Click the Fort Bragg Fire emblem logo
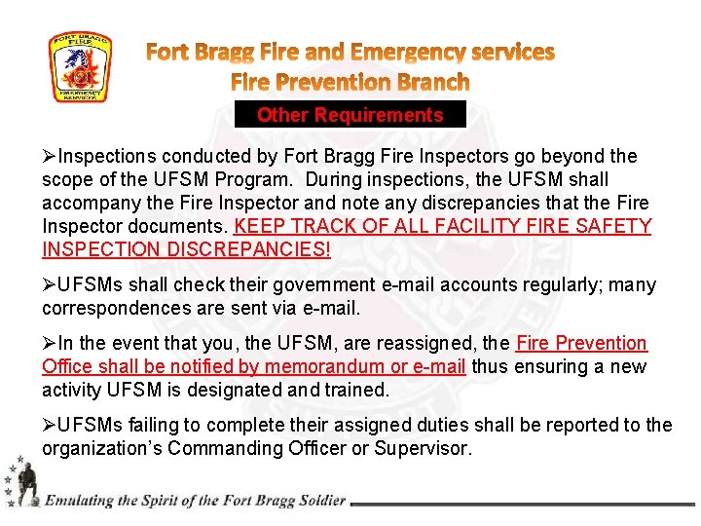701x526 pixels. (x=80, y=67)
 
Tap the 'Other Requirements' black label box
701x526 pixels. (x=350, y=115)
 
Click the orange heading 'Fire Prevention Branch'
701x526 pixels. (x=350, y=82)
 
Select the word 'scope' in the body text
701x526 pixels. (x=67, y=180)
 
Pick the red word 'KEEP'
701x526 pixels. (x=260, y=227)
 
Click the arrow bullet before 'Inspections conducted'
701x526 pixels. (x=50, y=157)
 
